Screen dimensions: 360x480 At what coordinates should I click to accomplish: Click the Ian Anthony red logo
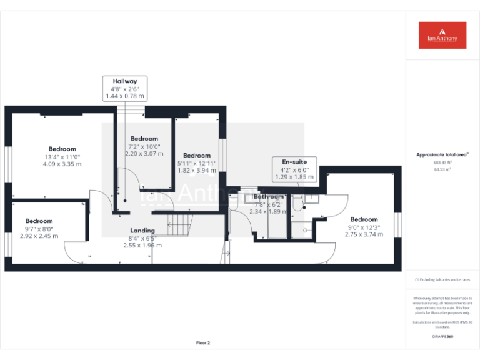(442, 35)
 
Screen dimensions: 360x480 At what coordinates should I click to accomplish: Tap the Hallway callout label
(124, 81)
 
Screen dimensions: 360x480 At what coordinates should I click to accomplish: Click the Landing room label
(142, 231)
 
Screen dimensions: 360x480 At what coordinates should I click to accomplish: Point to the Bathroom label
(268, 197)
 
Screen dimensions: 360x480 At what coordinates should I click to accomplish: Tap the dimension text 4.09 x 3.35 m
(62, 164)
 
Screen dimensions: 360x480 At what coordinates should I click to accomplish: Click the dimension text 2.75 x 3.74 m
(364, 234)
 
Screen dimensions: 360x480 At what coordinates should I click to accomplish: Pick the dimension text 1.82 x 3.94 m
(197, 169)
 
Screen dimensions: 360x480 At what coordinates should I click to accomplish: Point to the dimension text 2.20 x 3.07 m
(144, 153)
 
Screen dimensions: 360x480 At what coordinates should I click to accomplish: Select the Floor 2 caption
(203, 342)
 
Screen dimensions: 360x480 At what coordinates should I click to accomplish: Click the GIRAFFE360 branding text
(442, 336)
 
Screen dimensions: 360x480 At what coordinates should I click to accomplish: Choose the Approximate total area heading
(442, 154)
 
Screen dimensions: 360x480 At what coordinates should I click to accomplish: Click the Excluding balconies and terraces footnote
(442, 279)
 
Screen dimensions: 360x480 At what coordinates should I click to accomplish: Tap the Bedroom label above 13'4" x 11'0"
(62, 149)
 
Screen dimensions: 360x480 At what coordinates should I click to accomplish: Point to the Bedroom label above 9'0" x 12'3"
(364, 219)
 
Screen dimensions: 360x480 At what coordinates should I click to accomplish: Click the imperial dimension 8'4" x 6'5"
(142, 238)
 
